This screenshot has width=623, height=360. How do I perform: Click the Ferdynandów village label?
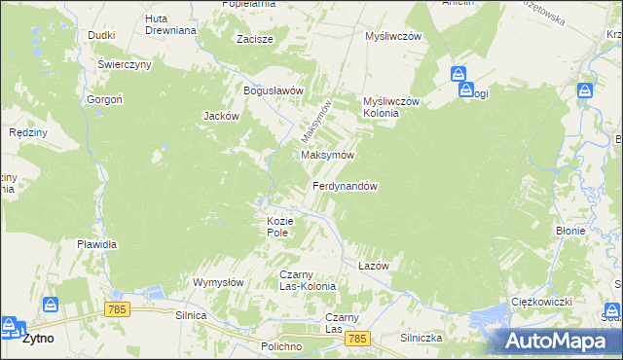345,186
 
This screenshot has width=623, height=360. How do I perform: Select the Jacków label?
221,115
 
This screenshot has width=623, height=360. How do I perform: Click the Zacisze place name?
255,40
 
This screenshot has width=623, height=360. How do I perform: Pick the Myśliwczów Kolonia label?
390,107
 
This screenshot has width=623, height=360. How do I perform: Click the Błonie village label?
569,232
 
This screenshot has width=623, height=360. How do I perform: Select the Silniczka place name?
421,338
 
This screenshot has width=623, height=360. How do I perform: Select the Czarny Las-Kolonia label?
308,280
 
